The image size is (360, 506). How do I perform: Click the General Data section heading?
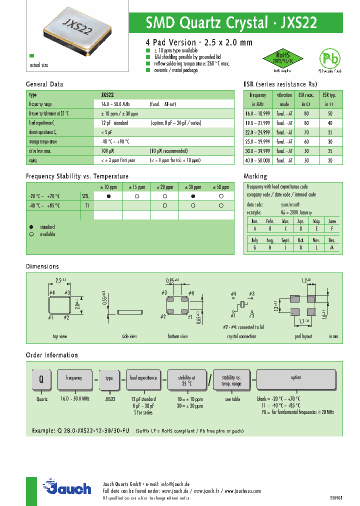[x=44, y=84]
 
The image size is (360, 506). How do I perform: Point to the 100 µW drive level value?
[x=107, y=150]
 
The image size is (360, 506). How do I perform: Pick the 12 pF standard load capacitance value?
[x=114, y=122]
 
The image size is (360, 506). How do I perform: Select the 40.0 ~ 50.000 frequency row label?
[x=258, y=160]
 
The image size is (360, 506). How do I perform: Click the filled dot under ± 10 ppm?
[x=108, y=196]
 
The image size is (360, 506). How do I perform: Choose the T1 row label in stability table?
[x=86, y=205]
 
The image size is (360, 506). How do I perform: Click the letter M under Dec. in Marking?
[x=331, y=247]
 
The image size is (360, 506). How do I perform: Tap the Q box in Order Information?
[x=42, y=379]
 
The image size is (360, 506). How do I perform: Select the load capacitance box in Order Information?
[x=143, y=378]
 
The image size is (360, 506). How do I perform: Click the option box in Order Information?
[x=296, y=378]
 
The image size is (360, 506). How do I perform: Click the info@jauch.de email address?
[x=174, y=484]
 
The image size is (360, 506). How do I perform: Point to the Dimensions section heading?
[x=42, y=266]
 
